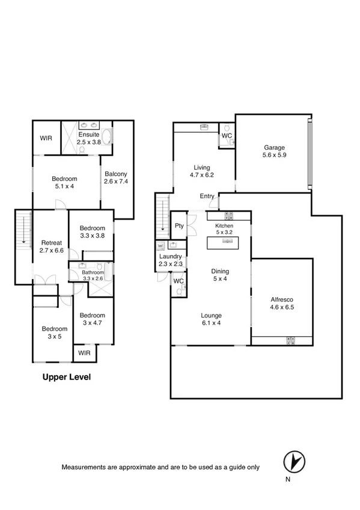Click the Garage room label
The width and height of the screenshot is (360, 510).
click(x=273, y=148)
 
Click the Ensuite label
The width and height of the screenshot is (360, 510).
click(x=88, y=135)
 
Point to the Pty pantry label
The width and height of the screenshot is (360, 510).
click(x=179, y=226)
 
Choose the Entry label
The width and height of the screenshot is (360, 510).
click(x=207, y=196)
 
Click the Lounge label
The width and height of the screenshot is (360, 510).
click(x=212, y=315)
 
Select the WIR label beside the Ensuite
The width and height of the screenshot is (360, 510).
click(x=46, y=138)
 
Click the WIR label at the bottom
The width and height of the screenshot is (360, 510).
click(x=84, y=353)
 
